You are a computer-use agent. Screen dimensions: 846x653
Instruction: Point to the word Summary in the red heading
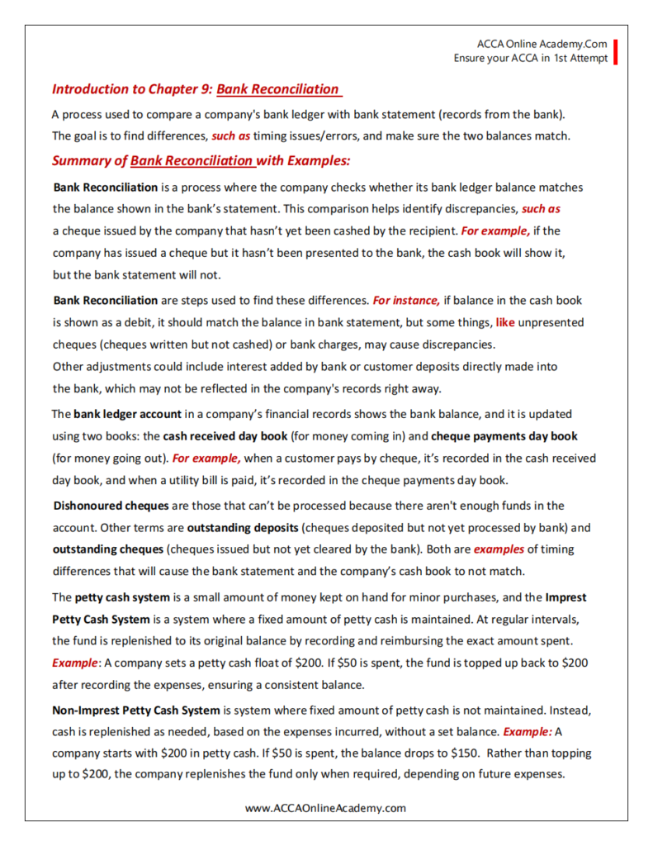81,160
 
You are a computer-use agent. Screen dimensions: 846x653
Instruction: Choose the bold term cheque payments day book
504,435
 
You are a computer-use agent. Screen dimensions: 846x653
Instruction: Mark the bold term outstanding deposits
240,526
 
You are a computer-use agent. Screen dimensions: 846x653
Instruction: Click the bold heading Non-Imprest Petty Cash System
136,710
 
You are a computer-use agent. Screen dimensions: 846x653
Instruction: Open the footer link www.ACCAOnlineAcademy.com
325,808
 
